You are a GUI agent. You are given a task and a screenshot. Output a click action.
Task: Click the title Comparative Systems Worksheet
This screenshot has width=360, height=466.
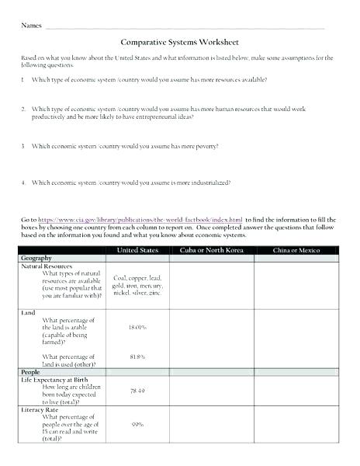(180, 43)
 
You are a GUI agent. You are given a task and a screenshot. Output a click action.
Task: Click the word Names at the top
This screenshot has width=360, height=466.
(31, 26)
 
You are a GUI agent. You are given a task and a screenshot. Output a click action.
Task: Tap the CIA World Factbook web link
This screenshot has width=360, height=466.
(140, 221)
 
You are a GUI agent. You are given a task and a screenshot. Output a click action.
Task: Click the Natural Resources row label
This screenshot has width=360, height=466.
(46, 266)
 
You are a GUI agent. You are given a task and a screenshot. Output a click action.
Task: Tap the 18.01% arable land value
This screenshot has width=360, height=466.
(137, 328)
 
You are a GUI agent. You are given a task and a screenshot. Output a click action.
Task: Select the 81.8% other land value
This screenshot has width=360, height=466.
(137, 356)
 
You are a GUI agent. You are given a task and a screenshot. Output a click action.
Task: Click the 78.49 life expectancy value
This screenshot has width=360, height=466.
(137, 391)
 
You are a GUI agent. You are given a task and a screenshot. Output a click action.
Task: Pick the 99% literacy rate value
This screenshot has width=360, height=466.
(137, 425)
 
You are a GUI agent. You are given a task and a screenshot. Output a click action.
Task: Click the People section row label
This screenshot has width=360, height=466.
(31, 372)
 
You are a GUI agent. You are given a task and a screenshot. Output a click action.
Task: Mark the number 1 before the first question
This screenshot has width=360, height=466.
(23, 80)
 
